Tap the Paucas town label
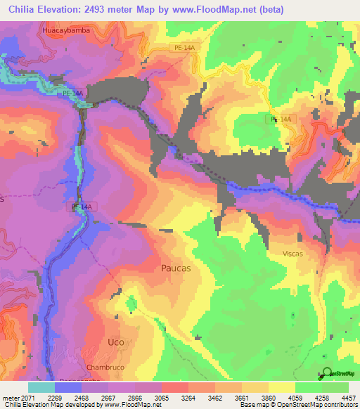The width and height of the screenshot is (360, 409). (x=176, y=268)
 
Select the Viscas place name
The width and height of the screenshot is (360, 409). (x=292, y=254)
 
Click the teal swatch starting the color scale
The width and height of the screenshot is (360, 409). (x=41, y=387)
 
